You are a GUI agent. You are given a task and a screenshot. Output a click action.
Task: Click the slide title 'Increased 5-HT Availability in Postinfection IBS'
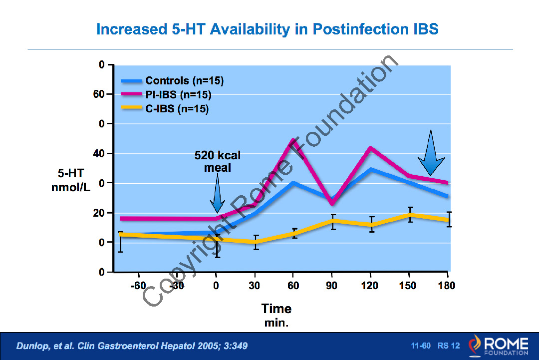click(267, 29)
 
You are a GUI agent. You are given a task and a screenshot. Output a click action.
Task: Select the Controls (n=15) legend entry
click(184, 81)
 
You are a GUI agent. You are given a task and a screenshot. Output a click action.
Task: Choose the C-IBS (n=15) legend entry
click(177, 109)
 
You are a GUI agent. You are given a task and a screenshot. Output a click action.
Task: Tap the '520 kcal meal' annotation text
click(217, 162)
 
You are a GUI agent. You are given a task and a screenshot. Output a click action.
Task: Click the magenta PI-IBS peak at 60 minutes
click(293, 140)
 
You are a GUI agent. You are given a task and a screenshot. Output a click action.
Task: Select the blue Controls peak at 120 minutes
click(370, 169)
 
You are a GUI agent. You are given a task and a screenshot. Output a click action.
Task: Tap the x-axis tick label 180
click(447, 286)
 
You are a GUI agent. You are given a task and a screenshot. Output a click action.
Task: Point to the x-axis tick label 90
click(332, 286)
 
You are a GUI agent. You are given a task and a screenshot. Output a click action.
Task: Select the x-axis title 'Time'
click(276, 309)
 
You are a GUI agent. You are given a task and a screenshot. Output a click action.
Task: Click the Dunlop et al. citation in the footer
click(132, 346)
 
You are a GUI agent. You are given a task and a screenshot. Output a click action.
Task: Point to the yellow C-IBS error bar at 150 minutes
click(410, 214)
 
